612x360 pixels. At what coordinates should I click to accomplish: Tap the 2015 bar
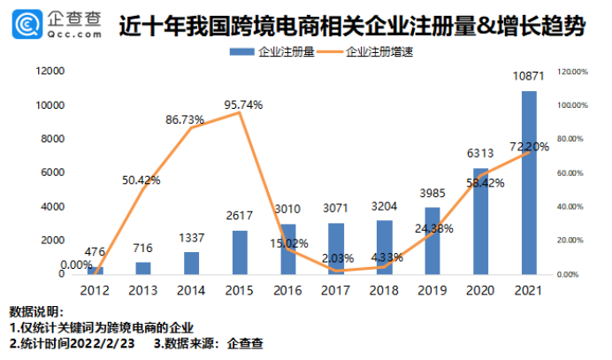coord(240,253)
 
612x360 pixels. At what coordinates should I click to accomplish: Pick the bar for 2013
coord(143,268)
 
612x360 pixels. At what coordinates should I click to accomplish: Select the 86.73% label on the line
coord(188,119)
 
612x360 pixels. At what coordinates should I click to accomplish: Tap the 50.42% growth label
coord(142,180)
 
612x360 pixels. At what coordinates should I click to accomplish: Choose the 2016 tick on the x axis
coord(287,289)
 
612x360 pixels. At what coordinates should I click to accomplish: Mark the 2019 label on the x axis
coord(432,289)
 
